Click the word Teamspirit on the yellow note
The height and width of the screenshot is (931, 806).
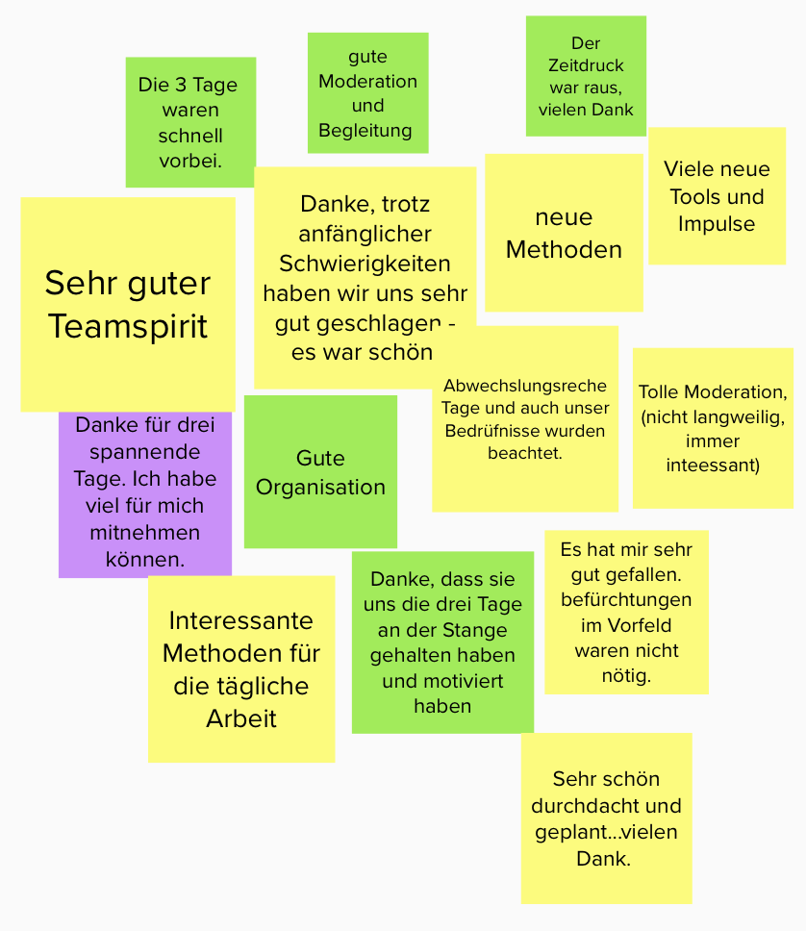click(x=128, y=327)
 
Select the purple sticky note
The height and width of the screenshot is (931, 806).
click(x=144, y=492)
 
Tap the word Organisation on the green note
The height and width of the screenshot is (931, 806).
click(x=320, y=487)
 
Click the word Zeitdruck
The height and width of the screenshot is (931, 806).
click(x=586, y=66)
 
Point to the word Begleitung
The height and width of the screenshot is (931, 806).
click(x=365, y=130)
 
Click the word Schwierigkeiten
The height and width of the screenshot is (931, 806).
click(x=365, y=264)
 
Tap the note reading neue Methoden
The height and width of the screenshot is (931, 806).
click(x=564, y=233)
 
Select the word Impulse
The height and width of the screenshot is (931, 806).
click(x=717, y=224)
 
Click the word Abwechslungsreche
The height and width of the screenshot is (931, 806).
click(x=525, y=386)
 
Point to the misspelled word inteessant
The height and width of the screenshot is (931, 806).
click(x=713, y=465)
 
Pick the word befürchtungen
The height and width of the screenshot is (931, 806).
click(x=626, y=600)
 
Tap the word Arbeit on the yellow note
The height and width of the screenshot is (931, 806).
click(x=241, y=718)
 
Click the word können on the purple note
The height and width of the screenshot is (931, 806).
click(x=144, y=559)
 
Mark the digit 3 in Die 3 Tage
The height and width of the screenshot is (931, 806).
click(x=180, y=85)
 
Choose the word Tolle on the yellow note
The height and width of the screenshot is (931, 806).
click(x=661, y=392)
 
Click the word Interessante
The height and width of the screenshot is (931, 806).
click(x=240, y=620)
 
